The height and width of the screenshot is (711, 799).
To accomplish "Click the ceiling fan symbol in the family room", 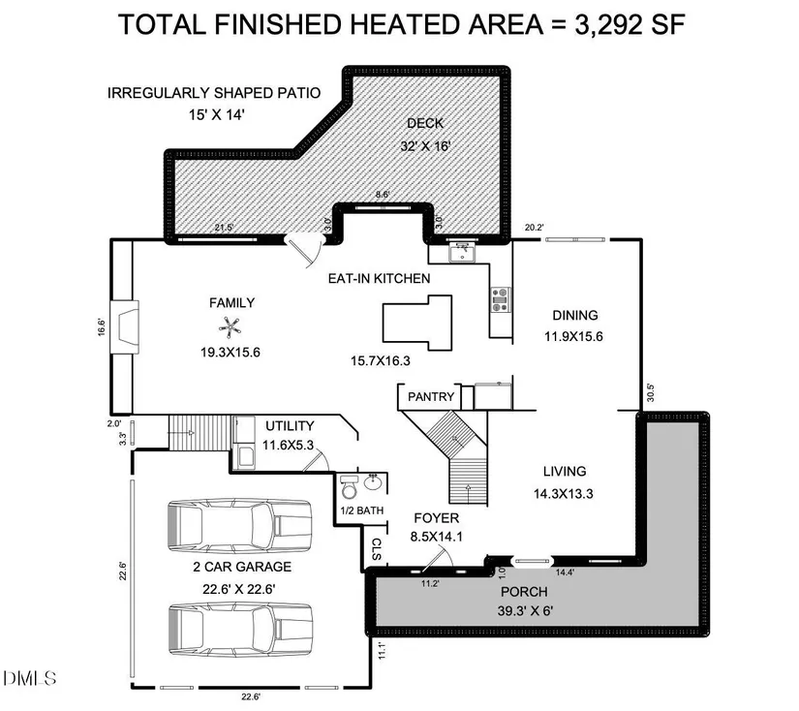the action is (x=230, y=327).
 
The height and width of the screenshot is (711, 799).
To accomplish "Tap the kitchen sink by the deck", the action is (x=462, y=252).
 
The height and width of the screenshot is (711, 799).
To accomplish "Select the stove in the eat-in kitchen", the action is (x=501, y=299).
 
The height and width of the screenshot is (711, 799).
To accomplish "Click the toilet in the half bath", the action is (x=350, y=487).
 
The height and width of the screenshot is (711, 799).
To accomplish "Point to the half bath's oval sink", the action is (x=374, y=481).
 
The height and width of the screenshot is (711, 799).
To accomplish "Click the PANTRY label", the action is (x=431, y=396).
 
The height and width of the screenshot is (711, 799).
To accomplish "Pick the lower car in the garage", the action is (x=239, y=630).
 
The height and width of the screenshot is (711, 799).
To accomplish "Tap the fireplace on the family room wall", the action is (x=125, y=326).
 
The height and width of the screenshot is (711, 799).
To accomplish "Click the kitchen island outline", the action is (x=417, y=323).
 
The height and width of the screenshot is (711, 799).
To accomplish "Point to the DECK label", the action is (x=425, y=123).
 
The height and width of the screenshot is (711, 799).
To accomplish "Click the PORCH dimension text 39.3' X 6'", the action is (x=525, y=610).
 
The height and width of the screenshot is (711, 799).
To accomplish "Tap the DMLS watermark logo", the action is (x=30, y=678).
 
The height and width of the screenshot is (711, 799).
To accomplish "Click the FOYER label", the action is (x=436, y=518).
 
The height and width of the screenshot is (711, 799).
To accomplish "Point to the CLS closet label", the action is (x=377, y=549).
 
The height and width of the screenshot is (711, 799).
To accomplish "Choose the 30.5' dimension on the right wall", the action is (x=650, y=392).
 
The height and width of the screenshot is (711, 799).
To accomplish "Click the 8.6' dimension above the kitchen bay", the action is (x=383, y=194).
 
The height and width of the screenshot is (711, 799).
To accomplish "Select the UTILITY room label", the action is (x=290, y=426).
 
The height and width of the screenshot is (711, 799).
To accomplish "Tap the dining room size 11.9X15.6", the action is (x=573, y=336).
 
